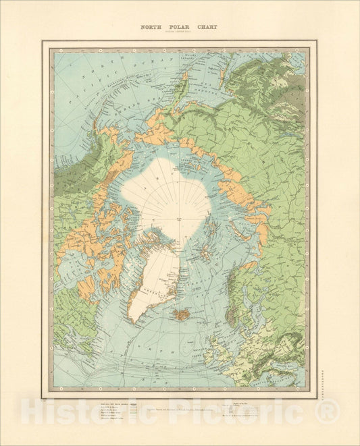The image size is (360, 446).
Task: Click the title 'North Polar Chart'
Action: [179, 27]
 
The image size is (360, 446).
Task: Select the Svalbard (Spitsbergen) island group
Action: [203, 256]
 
